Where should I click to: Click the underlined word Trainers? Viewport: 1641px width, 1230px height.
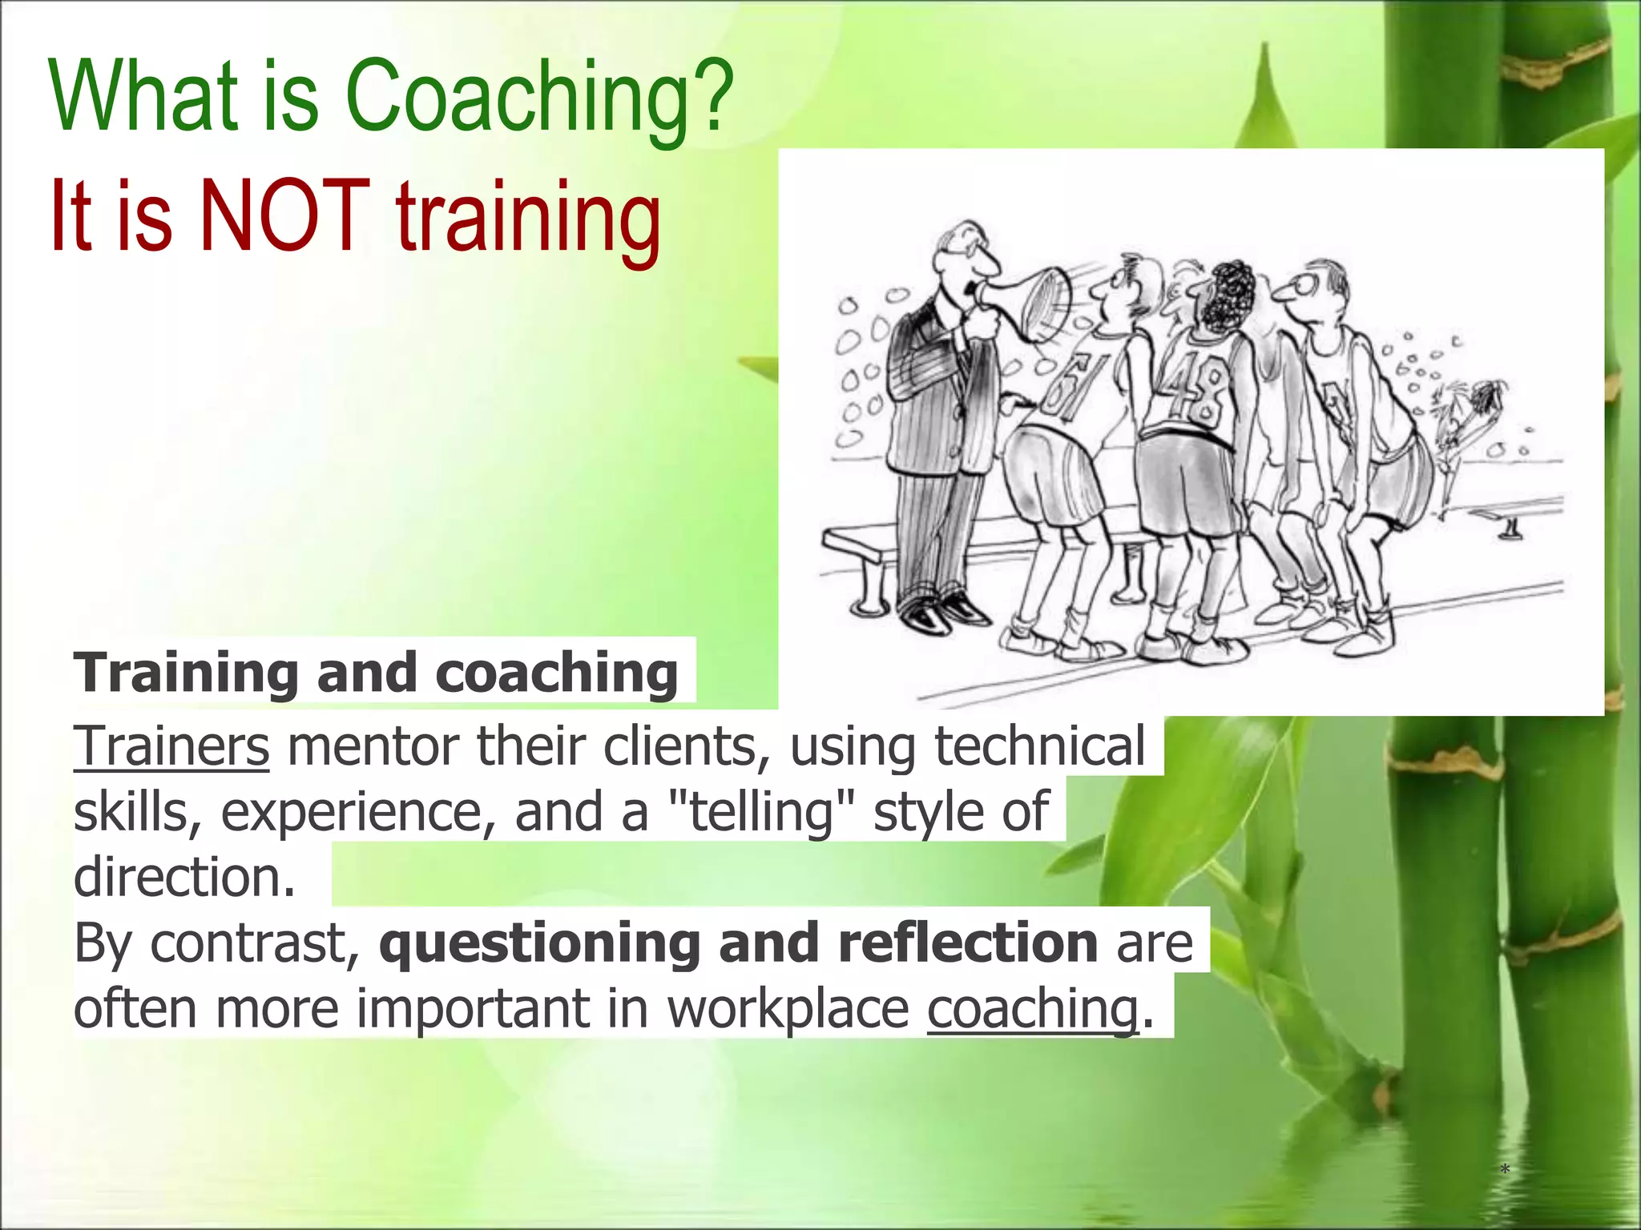tap(171, 746)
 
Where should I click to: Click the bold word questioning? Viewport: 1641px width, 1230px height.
tap(539, 943)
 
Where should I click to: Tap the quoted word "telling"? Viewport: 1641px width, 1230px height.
tap(760, 811)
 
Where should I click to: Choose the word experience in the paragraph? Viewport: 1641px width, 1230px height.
tap(353, 811)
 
